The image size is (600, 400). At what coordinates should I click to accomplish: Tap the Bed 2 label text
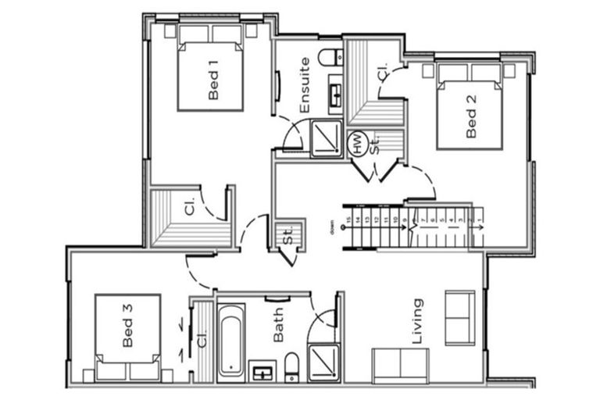[470, 122]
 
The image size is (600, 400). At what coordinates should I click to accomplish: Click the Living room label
[417, 320]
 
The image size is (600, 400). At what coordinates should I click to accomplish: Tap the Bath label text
[279, 329]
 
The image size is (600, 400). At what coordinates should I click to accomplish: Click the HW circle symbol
[358, 145]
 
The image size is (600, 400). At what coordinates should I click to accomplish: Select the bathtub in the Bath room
[230, 339]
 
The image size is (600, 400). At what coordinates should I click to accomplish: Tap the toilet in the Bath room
[291, 366]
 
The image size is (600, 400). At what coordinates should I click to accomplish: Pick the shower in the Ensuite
[324, 139]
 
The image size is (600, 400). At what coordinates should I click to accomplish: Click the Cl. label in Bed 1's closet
[190, 207]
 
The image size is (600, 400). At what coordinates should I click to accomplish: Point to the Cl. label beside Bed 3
[202, 340]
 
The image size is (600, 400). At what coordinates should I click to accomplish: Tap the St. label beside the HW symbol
[375, 145]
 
